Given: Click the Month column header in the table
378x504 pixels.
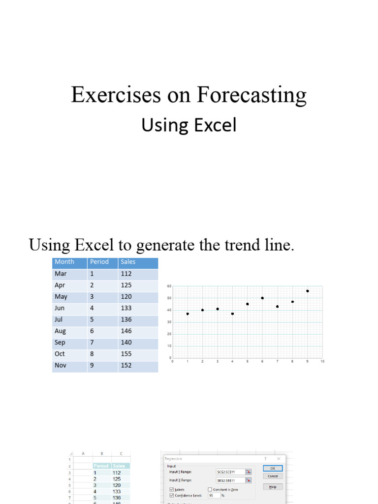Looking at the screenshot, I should [64, 262].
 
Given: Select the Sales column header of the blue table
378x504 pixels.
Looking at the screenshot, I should [128, 262].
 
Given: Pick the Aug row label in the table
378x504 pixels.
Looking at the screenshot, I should [60, 331].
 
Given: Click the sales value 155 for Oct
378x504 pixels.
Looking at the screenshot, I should [126, 354].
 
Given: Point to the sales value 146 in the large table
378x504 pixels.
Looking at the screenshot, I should [126, 331].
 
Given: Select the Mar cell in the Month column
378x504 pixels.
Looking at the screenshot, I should [61, 274].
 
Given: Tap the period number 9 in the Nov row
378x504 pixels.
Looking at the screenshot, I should [92, 365].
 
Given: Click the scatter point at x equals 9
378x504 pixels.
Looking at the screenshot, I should [308, 291].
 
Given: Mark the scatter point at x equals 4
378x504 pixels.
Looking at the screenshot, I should [232, 314].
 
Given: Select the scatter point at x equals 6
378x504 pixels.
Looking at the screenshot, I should [262, 298].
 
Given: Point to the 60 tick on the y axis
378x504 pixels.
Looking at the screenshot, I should [169, 286].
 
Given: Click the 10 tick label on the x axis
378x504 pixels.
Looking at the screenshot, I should [322, 362].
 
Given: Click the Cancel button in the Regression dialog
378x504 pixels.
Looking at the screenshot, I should [273, 476].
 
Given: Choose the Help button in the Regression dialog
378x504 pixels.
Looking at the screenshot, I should [273, 487].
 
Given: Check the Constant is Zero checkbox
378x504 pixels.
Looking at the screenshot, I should [210, 490].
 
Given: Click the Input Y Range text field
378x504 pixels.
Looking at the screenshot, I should [230, 472].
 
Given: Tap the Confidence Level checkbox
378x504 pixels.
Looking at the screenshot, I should [171, 496].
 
